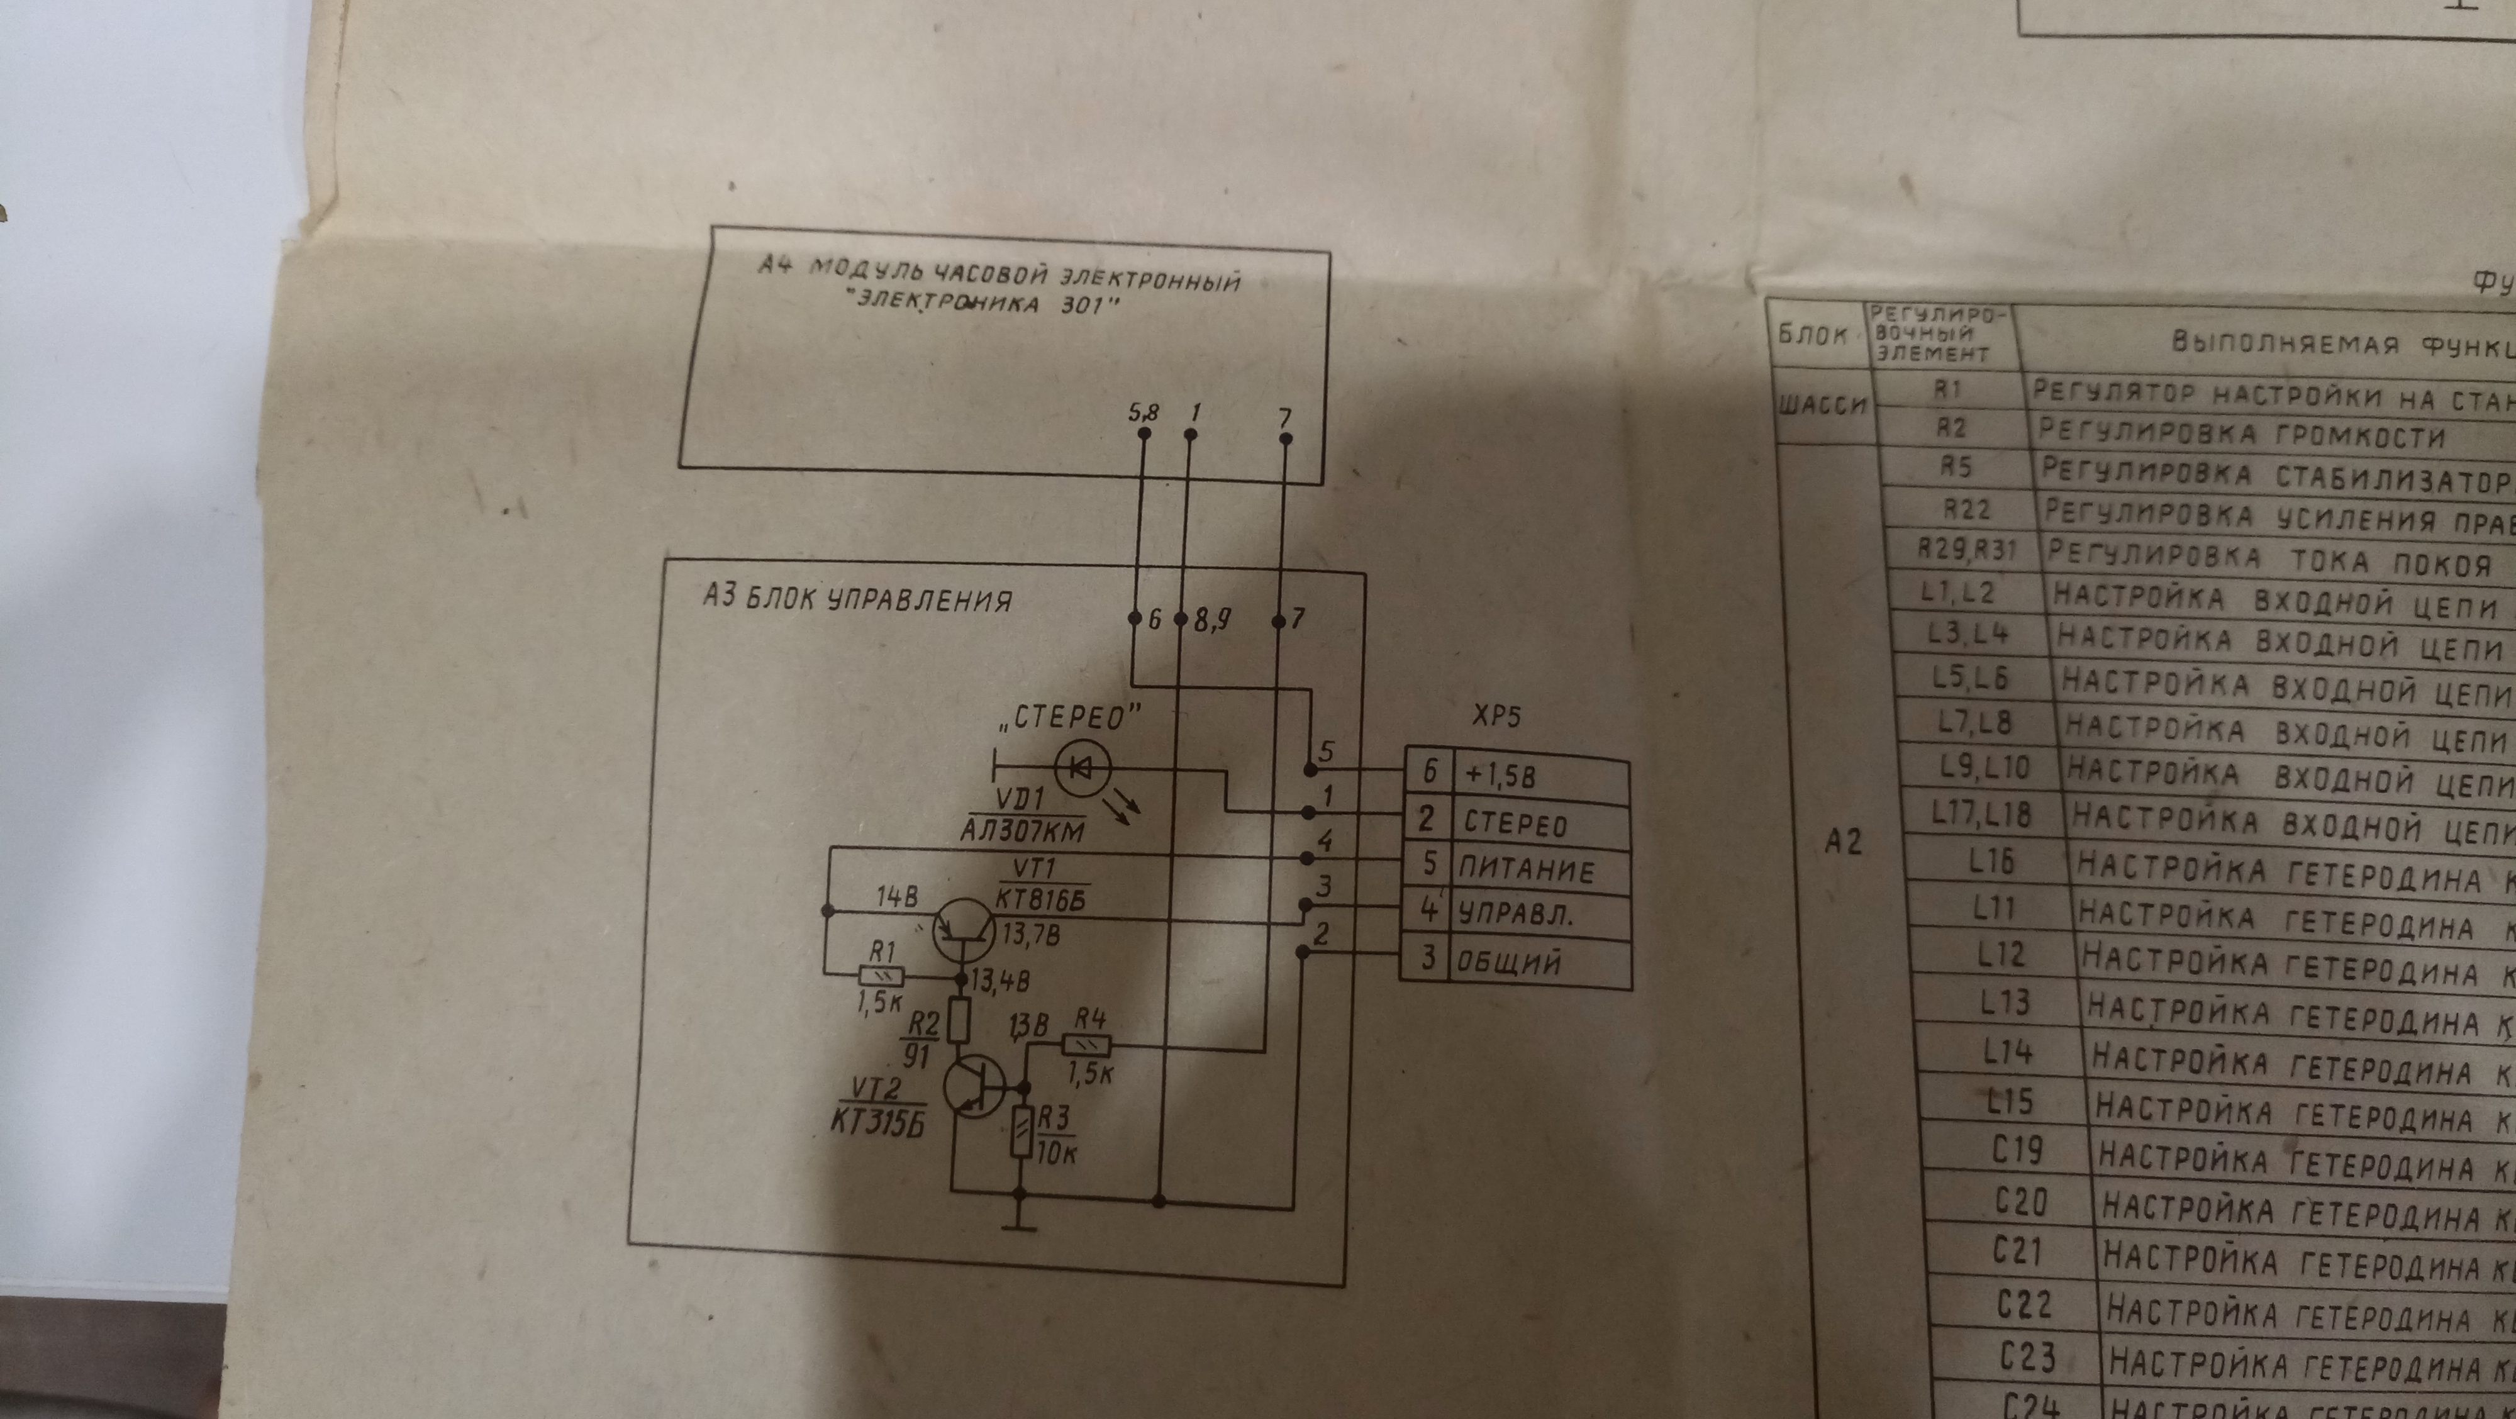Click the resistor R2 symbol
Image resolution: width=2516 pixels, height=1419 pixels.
point(959,1021)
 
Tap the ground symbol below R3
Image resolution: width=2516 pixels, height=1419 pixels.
point(1019,1226)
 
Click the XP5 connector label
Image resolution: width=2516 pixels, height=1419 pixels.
point(1496,718)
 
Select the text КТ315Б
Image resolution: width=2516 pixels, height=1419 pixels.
point(877,1123)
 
